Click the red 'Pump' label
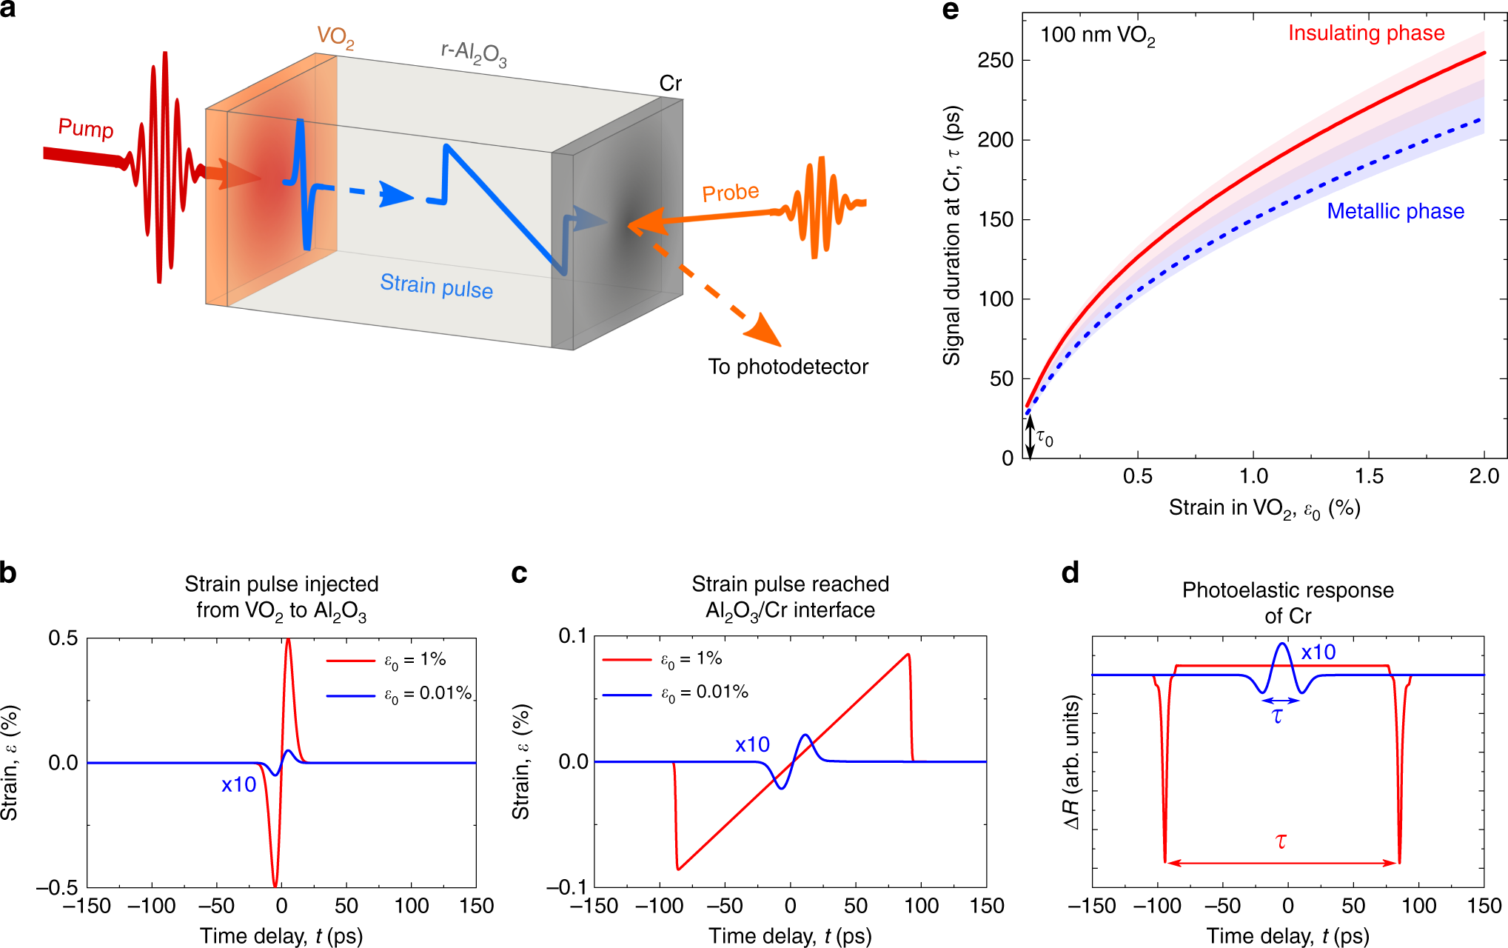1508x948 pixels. coord(86,128)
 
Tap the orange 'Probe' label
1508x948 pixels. coord(730,193)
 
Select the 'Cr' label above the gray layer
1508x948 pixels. coord(670,84)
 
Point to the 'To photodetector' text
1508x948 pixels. coord(788,367)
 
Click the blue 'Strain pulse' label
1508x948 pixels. coord(436,286)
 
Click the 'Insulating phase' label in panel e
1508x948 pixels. coord(1366,33)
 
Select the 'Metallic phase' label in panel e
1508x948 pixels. coord(1395,211)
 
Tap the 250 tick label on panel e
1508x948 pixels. coord(995,60)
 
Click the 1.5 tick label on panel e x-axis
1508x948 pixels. coord(1369,476)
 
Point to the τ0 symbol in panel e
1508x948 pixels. coord(1044,438)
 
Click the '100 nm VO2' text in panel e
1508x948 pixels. coord(1097,36)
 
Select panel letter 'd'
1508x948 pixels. coord(1070,573)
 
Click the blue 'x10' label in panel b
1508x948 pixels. coord(238,784)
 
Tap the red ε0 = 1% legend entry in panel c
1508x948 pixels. coord(662,659)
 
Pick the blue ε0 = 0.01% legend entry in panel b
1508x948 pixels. coord(398,694)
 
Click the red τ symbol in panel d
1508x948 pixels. coord(1281,841)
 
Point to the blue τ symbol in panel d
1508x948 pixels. coord(1277,715)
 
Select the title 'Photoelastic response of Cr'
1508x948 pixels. coord(1287,603)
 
